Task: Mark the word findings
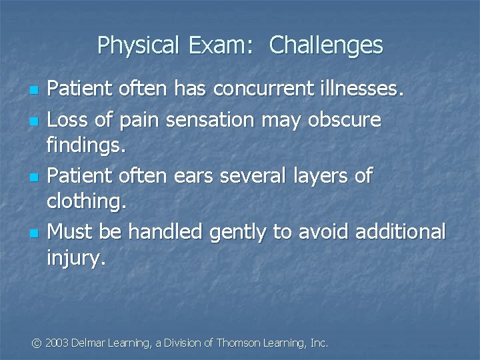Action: (86, 145)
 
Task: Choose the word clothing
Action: (86, 201)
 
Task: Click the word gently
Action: (241, 232)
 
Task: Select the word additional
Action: (401, 232)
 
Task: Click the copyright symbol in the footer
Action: (37, 343)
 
